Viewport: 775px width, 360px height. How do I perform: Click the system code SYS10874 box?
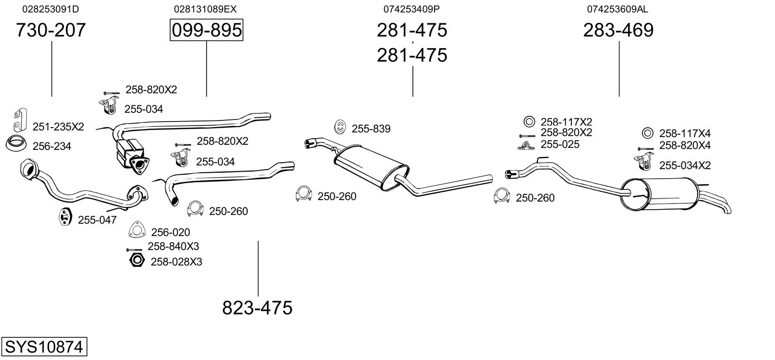tap(44, 346)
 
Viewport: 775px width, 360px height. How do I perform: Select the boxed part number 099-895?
tap(207, 30)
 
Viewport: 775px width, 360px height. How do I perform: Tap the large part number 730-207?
tap(51, 30)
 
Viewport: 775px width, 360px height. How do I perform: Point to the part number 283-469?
tap(618, 30)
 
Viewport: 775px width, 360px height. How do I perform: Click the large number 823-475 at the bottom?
tap(257, 307)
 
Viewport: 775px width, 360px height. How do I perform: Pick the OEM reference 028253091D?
tap(51, 9)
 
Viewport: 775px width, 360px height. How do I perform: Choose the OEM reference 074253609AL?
tap(617, 9)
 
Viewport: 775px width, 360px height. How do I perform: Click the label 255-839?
tap(371, 129)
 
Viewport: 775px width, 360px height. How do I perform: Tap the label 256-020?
tap(171, 232)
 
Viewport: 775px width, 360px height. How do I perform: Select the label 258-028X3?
tap(176, 262)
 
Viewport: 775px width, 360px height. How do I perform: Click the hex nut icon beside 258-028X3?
tap(137, 260)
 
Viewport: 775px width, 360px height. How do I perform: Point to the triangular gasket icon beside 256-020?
tap(137, 229)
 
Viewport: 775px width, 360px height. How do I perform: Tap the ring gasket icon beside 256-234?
tap(16, 143)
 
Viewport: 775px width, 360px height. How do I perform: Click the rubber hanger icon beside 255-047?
tap(64, 217)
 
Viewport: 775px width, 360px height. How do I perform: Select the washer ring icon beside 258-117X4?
tap(647, 133)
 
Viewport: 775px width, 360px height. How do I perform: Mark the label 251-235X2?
tap(58, 127)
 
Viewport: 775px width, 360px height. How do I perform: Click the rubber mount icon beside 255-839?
tap(340, 127)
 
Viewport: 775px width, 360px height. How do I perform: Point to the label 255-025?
tap(560, 144)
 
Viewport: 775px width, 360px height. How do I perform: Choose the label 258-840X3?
tap(173, 246)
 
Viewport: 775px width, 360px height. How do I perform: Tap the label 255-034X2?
tap(685, 165)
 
